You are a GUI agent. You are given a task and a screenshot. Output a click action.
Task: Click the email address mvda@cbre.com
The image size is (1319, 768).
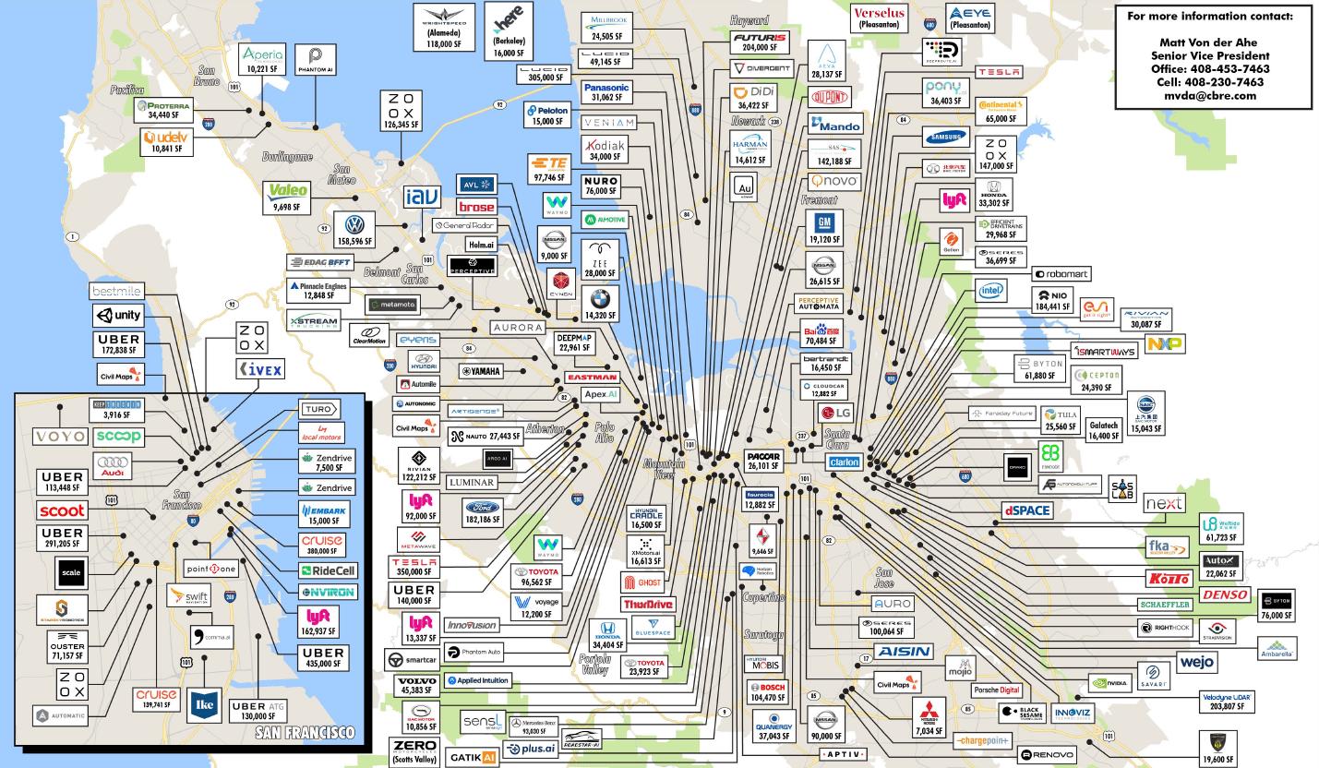pos(1210,95)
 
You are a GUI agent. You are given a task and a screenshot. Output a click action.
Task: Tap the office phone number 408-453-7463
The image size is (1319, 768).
pos(1210,68)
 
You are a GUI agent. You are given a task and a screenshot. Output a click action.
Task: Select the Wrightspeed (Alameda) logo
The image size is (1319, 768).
pos(443,16)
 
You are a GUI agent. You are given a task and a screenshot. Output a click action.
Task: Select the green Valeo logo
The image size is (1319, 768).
pos(288,190)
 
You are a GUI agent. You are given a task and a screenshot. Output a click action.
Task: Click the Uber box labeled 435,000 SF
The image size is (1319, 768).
pos(322,657)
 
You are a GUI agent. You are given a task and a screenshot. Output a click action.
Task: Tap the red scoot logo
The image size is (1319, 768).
pos(63,510)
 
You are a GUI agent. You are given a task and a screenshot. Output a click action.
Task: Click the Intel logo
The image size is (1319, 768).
pos(991,292)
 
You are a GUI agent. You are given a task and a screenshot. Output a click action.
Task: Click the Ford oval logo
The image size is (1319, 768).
pos(481,508)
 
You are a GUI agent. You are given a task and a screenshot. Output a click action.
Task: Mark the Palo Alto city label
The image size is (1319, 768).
pos(605,432)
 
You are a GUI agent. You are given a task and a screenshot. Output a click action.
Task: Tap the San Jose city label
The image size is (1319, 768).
pos(884,577)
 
